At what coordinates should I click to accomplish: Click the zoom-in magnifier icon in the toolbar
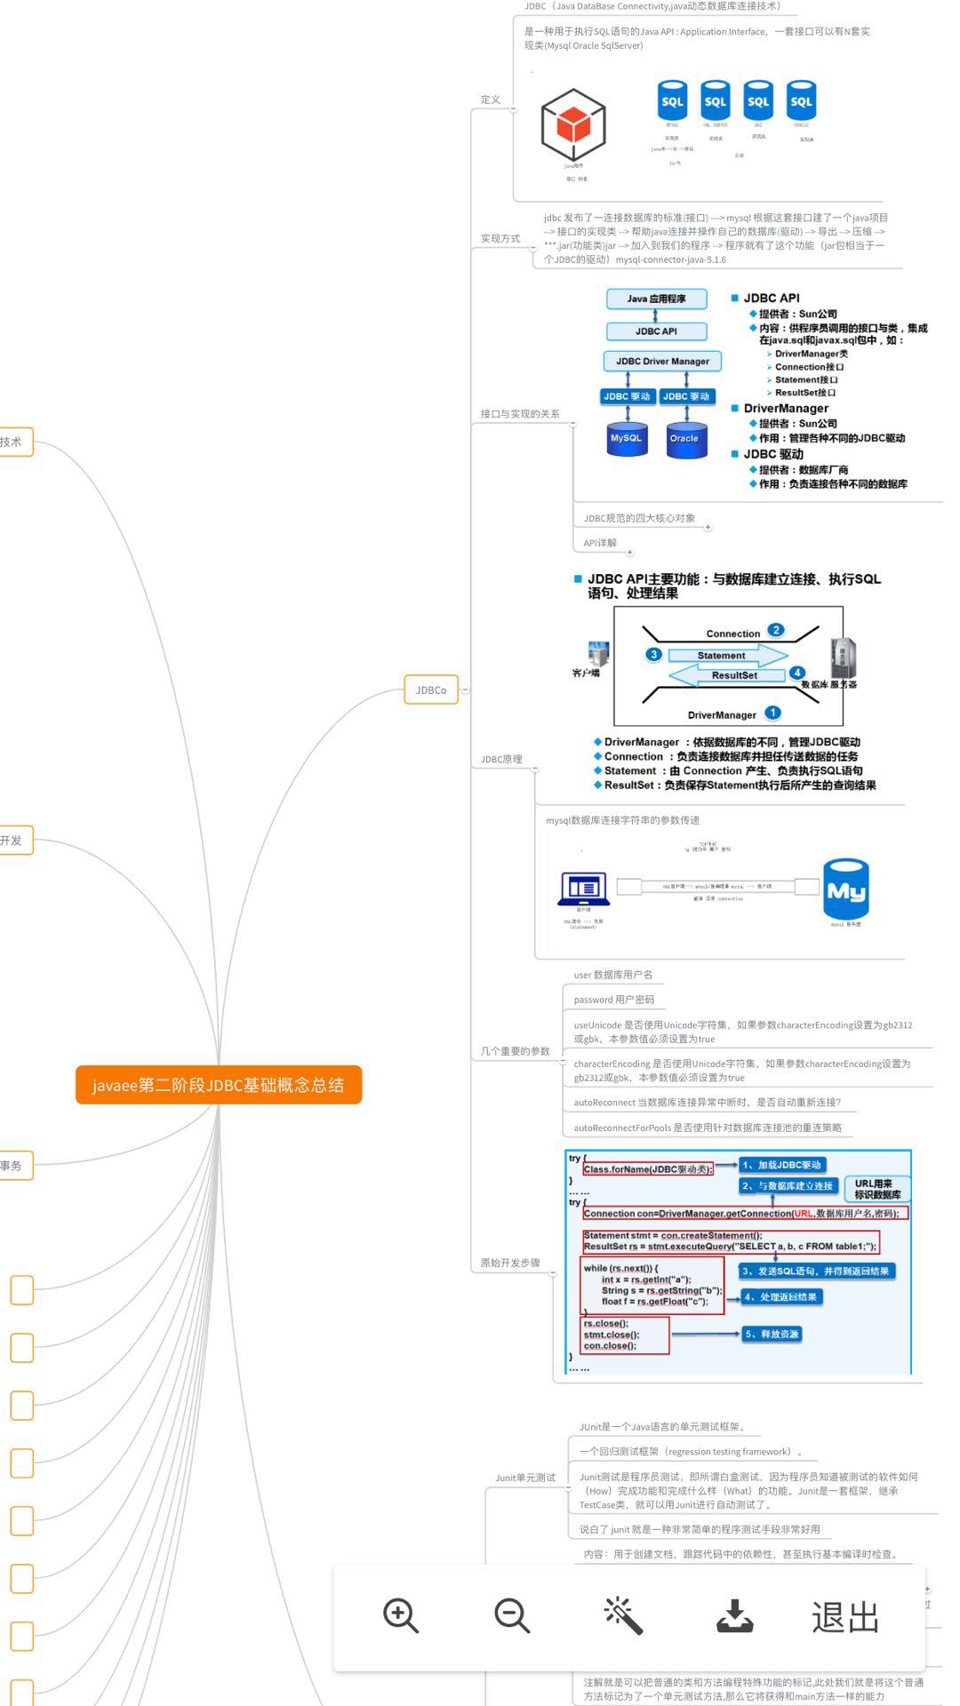coord(400,1614)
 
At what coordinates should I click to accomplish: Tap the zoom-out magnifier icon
coord(511,1614)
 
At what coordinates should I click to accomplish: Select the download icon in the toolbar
coord(734,1616)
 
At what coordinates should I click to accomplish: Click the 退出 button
coord(844,1618)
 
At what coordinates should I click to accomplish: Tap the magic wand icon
coord(622,1614)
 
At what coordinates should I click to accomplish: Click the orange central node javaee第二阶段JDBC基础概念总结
coord(219,1085)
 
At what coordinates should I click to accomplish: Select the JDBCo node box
coord(431,690)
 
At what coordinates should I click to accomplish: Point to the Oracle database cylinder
coord(684,439)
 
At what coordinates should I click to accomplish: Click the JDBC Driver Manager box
coord(662,362)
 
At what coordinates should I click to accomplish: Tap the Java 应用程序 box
coord(656,299)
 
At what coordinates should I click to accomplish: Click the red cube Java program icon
coord(573,125)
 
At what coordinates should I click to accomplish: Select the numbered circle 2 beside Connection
coord(776,630)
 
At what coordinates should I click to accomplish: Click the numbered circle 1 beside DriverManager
coord(772,713)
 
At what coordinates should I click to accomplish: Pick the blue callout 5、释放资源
coord(772,1334)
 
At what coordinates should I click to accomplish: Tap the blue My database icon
coord(845,889)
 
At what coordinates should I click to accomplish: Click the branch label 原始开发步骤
coord(510,1263)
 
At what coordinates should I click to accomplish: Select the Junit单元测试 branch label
coord(525,1478)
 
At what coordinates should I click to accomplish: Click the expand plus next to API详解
coord(630,553)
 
